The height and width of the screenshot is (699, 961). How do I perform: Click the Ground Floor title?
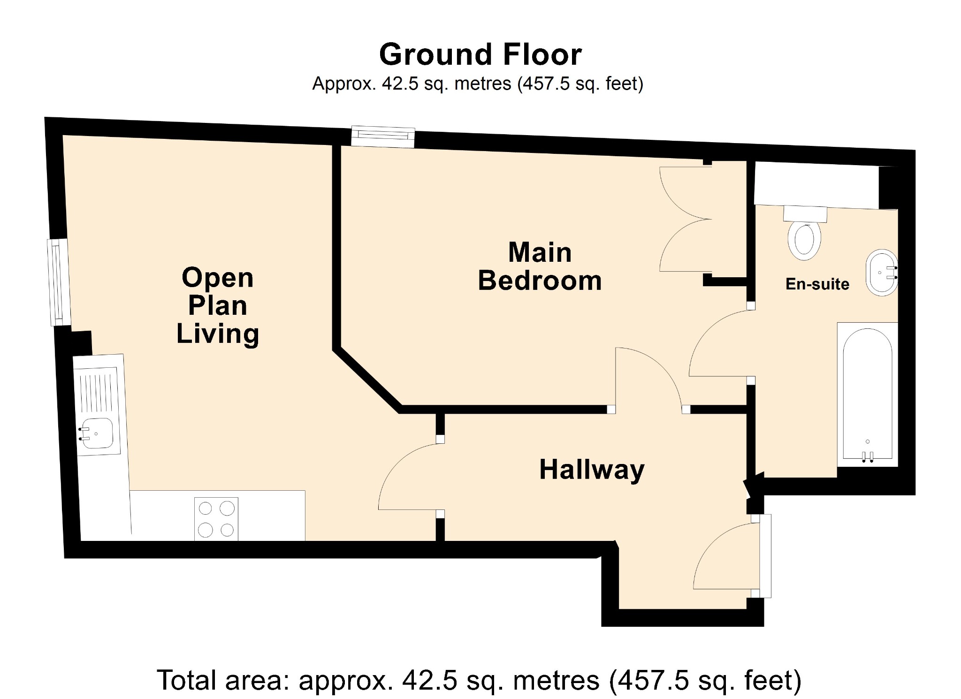point(480,54)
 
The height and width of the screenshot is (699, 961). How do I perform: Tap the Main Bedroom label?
point(540,266)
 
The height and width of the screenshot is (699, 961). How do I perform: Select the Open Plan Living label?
point(218,305)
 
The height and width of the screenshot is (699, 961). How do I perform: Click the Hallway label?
point(592,470)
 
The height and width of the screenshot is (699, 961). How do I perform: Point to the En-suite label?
point(817,284)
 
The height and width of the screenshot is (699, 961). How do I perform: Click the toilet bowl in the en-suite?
point(805,241)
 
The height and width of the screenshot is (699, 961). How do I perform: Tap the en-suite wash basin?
point(881,273)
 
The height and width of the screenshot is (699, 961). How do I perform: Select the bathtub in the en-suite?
point(868,394)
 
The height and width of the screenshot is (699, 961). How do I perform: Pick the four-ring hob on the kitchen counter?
point(216,519)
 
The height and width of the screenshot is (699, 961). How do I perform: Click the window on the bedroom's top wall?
point(383,136)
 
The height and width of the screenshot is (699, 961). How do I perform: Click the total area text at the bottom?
point(479,680)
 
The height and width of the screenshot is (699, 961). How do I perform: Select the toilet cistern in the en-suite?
point(805,214)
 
